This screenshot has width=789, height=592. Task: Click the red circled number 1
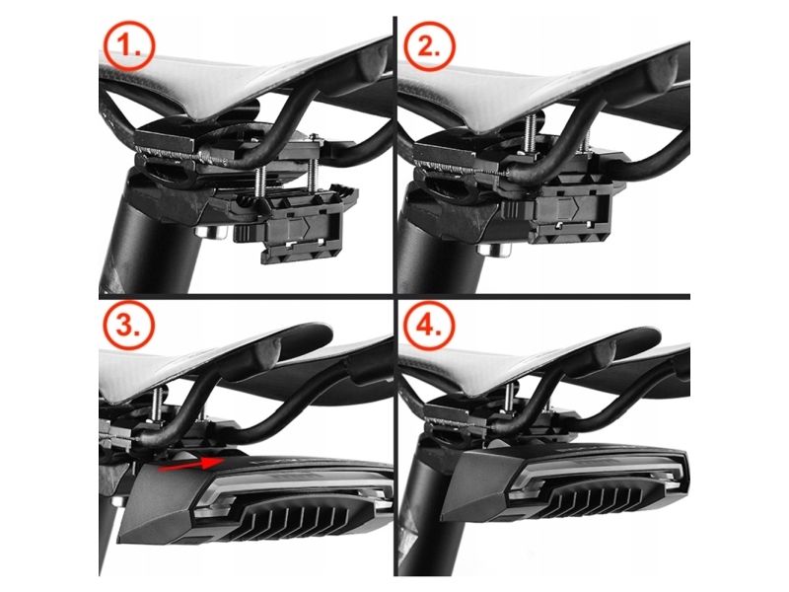[129, 46]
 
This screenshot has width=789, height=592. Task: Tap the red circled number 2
[430, 46]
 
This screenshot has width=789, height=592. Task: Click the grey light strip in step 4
[598, 477]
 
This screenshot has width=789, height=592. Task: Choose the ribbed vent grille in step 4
[604, 498]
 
